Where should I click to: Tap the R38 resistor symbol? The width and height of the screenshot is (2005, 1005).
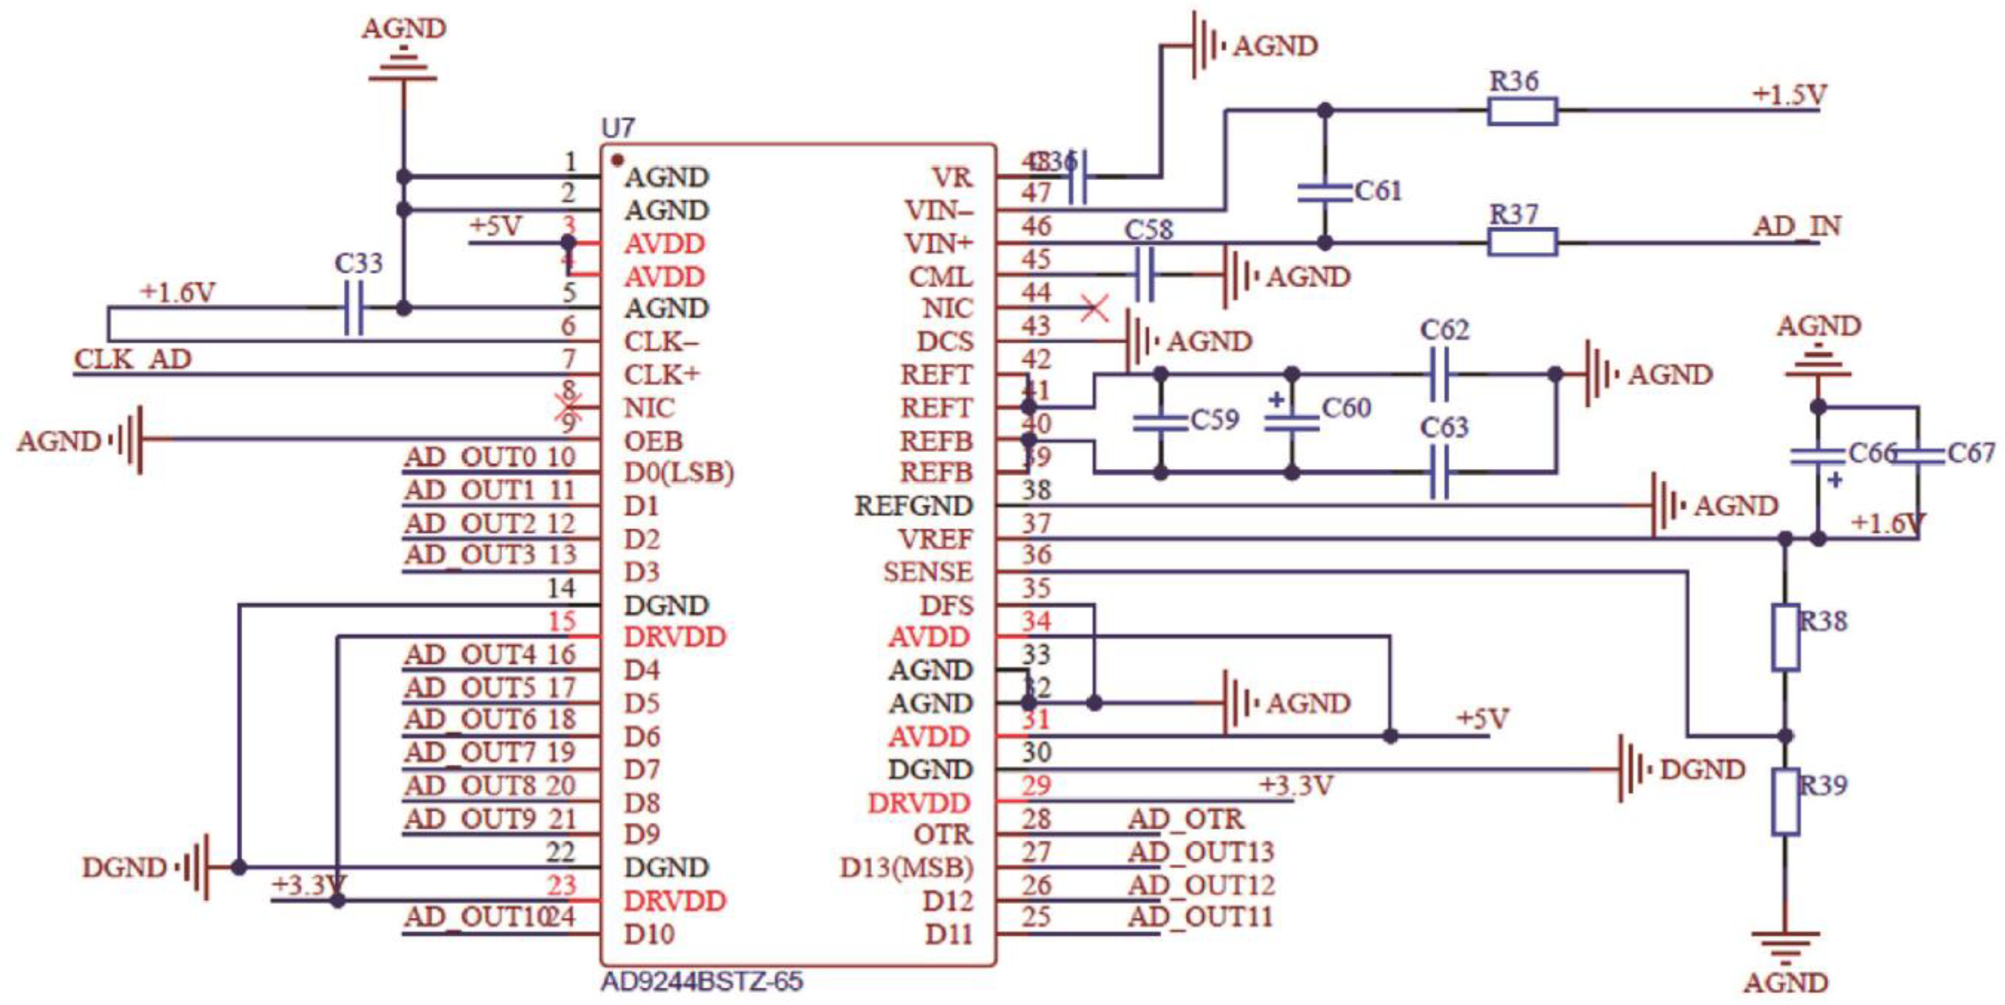(1785, 637)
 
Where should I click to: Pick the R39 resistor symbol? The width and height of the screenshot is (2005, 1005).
(1785, 802)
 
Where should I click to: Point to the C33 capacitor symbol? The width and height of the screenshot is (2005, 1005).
(353, 308)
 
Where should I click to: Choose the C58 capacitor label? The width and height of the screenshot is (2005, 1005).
(1148, 230)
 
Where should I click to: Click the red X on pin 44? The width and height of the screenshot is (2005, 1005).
(1095, 308)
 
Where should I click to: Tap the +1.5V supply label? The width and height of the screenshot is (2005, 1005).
(1788, 95)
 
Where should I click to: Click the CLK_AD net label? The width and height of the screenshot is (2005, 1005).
(132, 359)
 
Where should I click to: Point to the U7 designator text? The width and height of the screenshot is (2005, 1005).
(618, 128)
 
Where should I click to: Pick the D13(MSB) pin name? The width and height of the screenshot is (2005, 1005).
(906, 867)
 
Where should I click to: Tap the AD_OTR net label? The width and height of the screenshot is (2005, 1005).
(1186, 819)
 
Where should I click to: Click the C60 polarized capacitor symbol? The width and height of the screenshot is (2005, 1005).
(1291, 423)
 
